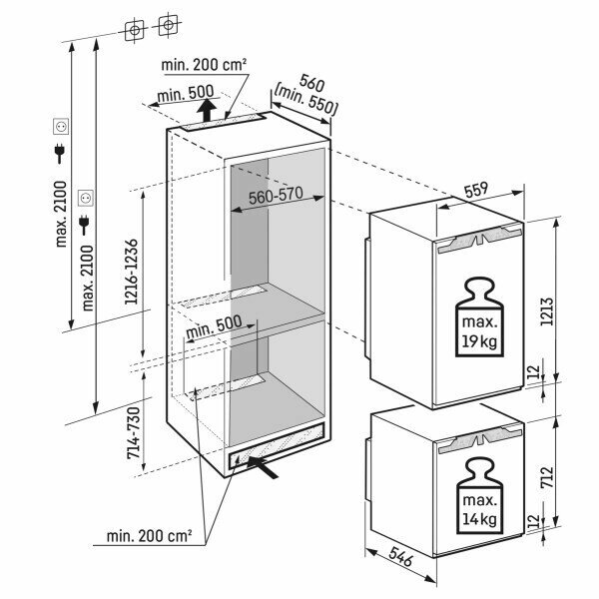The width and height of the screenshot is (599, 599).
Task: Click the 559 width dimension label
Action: tap(476, 190)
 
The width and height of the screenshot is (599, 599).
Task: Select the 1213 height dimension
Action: tap(547, 311)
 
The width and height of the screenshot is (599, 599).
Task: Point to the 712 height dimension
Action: tap(547, 477)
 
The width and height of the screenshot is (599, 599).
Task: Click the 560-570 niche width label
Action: tap(276, 196)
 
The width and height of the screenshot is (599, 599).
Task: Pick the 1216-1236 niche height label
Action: tap(131, 272)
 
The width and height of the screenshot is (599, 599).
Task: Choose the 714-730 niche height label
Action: tap(134, 433)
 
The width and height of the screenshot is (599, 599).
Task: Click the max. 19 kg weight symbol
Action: tap(480, 317)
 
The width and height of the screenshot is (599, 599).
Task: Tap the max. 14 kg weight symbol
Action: tap(480, 496)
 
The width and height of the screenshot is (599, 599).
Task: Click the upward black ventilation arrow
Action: tap(208, 110)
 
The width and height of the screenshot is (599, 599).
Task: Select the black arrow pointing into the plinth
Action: tap(263, 467)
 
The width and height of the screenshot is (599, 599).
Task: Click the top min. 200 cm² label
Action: tap(204, 65)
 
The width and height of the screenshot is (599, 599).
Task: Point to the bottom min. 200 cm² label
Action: tap(149, 536)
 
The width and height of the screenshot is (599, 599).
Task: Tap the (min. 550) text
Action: tap(306, 101)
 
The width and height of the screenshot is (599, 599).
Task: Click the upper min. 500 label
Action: tap(186, 94)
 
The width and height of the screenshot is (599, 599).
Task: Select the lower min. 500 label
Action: tap(214, 325)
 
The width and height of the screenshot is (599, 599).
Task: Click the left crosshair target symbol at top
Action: tap(134, 31)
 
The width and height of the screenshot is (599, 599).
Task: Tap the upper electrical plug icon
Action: tap(60, 153)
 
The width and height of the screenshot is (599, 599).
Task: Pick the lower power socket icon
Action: tap(86, 198)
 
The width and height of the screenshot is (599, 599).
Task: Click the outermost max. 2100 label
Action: tap(61, 214)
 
